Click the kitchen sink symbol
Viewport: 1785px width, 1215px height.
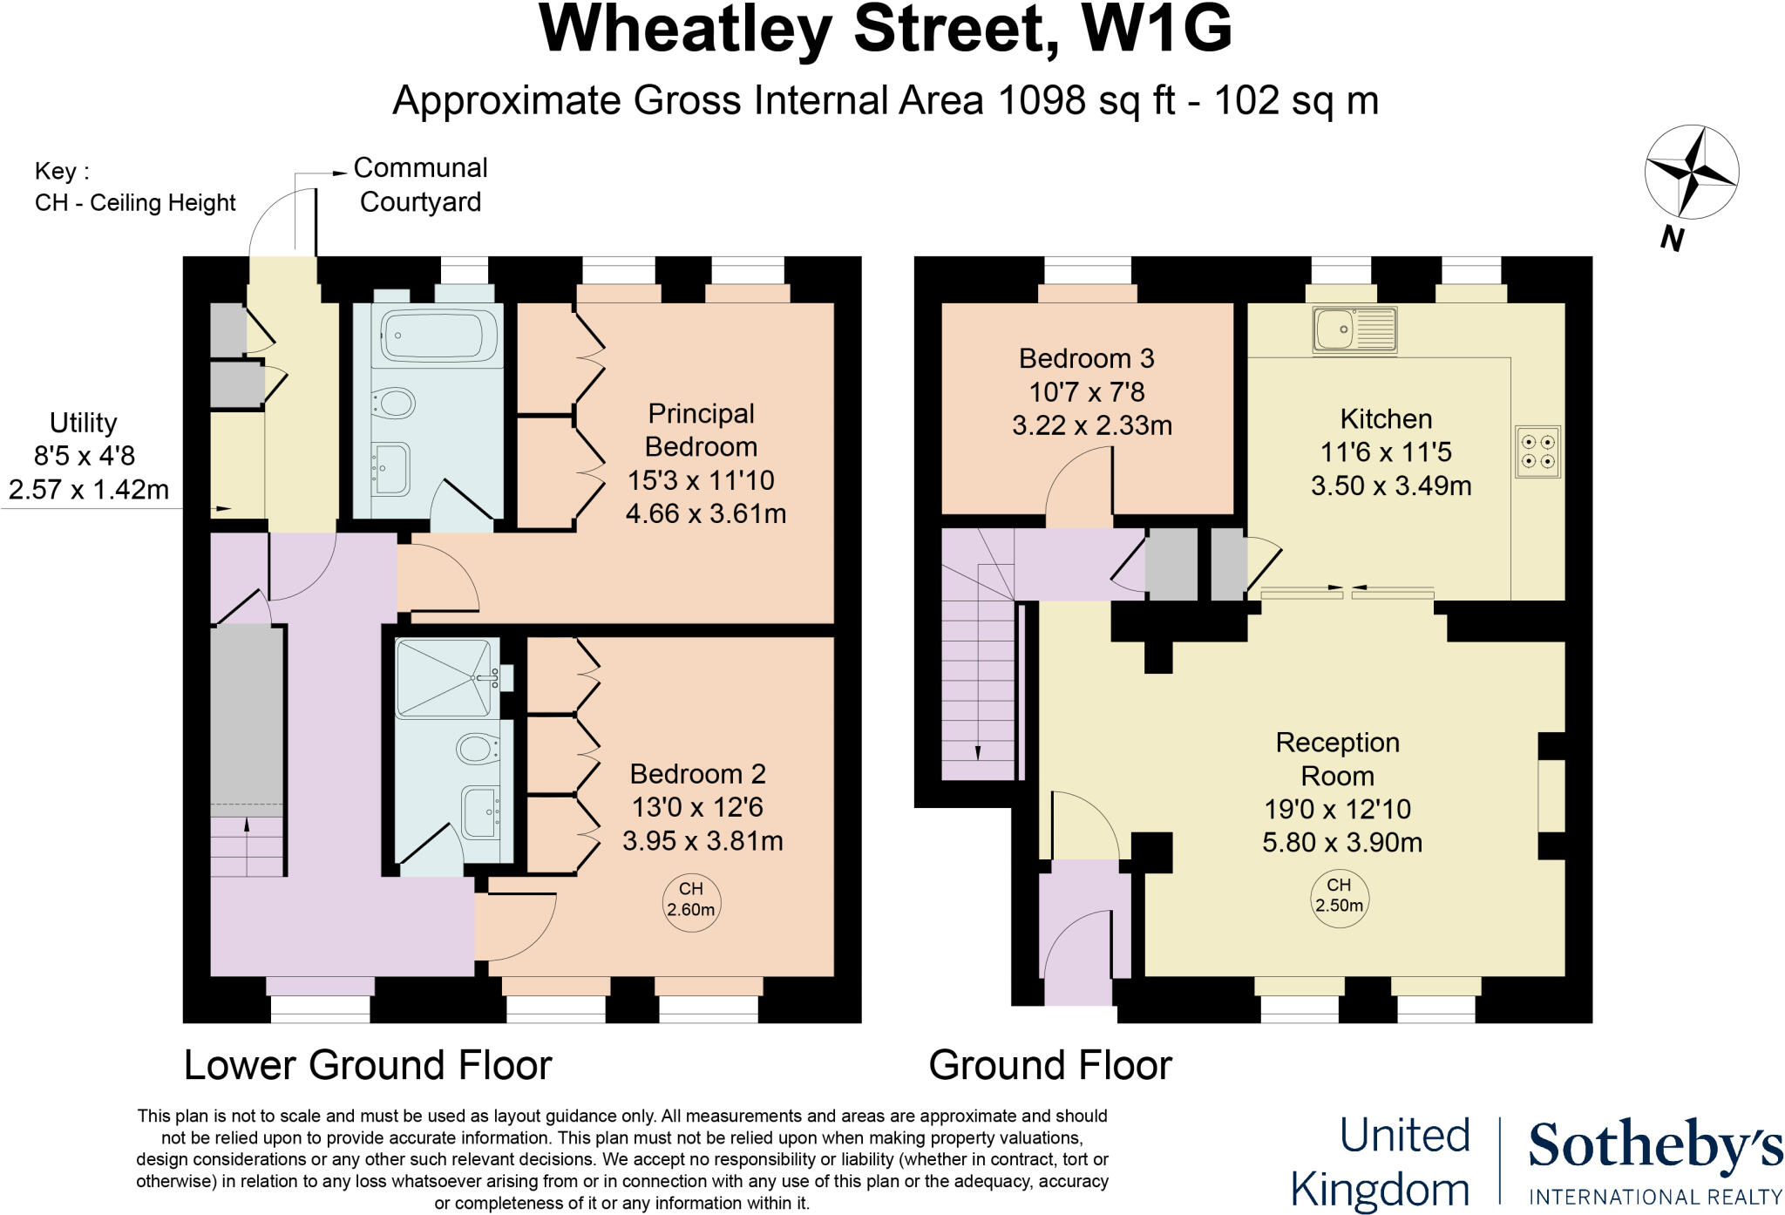pyautogui.click(x=1354, y=330)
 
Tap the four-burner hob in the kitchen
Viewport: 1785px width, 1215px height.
pyautogui.click(x=1537, y=451)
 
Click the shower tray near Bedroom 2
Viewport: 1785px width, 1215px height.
pyautogui.click(x=443, y=677)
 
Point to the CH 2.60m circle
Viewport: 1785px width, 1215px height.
pyautogui.click(x=690, y=899)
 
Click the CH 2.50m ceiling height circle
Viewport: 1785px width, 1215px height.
pyautogui.click(x=1339, y=897)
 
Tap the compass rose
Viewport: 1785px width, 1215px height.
pyautogui.click(x=1691, y=172)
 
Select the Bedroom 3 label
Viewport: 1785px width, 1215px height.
pyautogui.click(x=1086, y=358)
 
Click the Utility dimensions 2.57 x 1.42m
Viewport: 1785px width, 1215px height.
pyautogui.click(x=89, y=490)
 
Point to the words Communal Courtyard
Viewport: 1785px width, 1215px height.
pyautogui.click(x=420, y=184)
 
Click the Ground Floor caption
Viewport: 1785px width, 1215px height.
pyautogui.click(x=1050, y=1065)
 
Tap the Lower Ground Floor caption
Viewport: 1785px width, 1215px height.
pyautogui.click(x=368, y=1065)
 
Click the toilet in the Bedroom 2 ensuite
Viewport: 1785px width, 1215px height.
pyautogui.click(x=476, y=748)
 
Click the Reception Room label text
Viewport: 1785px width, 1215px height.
pyautogui.click(x=1337, y=759)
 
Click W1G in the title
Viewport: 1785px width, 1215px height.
pyautogui.click(x=1156, y=30)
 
